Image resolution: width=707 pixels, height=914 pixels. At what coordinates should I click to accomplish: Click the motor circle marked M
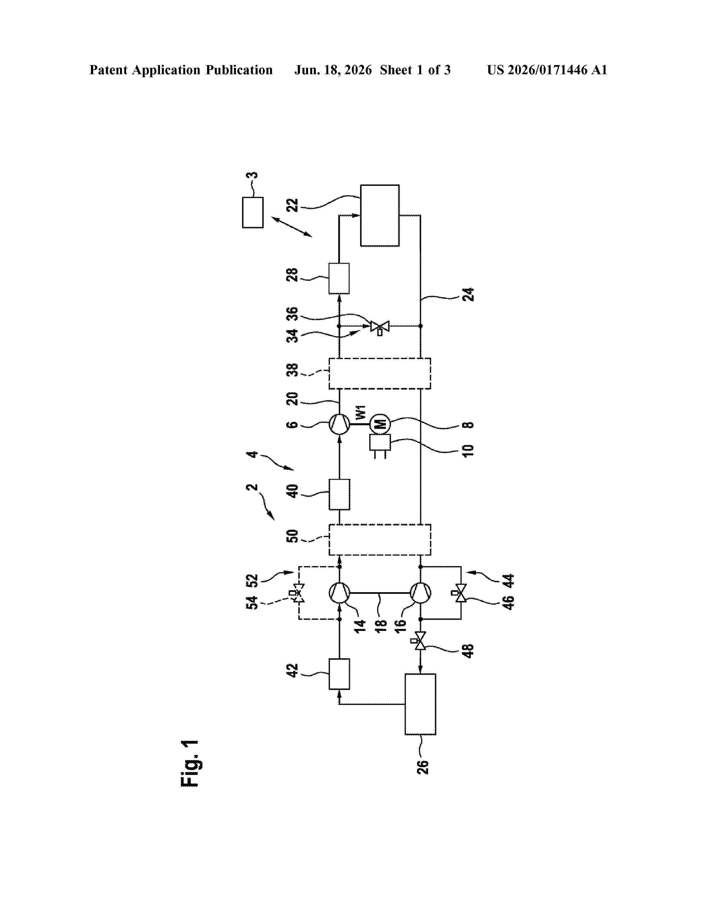[x=380, y=424]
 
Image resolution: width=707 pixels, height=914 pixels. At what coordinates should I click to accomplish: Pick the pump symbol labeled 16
[x=420, y=593]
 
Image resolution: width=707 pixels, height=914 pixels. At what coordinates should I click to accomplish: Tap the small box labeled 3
[x=253, y=213]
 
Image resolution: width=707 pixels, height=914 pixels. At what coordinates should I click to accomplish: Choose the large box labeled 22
[x=380, y=215]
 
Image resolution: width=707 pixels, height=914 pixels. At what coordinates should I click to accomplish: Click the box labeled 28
[x=339, y=278]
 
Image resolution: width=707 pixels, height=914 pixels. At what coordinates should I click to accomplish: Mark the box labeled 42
[x=339, y=674]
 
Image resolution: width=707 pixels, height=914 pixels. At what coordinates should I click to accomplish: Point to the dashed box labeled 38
[x=380, y=373]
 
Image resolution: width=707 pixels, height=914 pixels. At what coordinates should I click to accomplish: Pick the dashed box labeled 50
[x=380, y=540]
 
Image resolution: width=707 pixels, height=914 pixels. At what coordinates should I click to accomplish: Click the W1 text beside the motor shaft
[x=361, y=412]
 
